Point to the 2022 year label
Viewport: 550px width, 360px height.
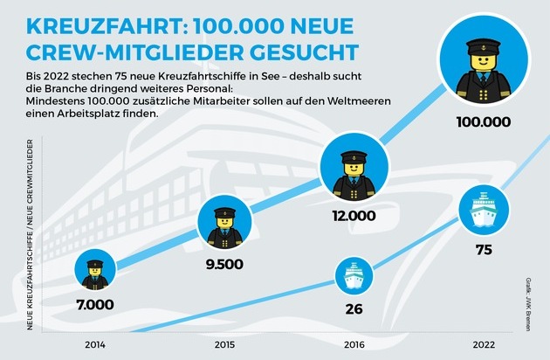[x=483, y=343]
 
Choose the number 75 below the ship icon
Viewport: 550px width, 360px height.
[x=483, y=251]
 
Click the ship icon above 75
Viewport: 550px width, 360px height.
[x=483, y=214]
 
